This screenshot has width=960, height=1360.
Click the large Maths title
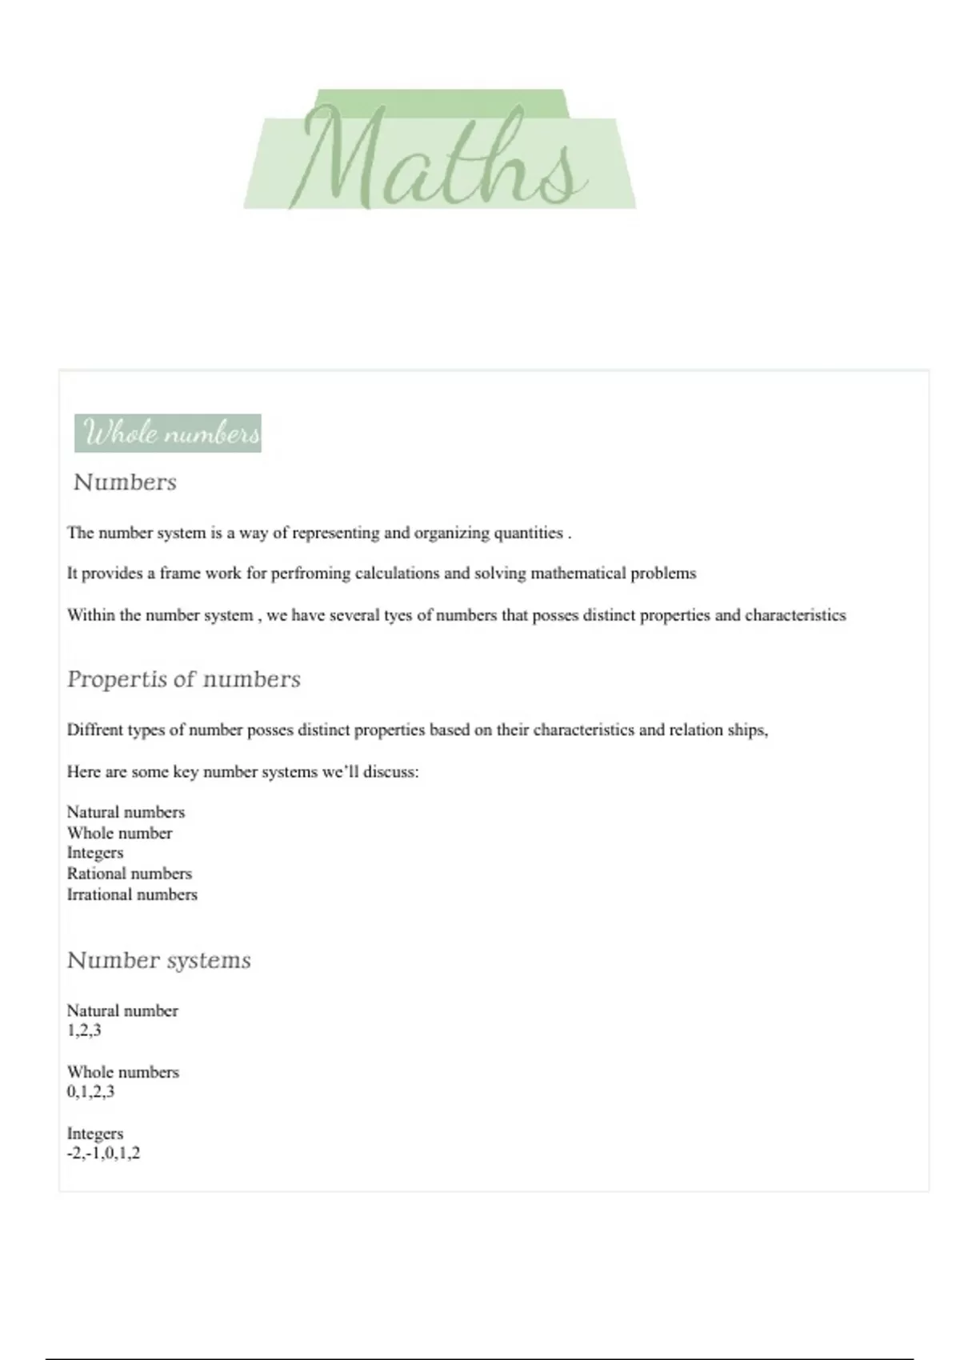click(440, 156)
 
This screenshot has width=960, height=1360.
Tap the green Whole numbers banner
click(168, 434)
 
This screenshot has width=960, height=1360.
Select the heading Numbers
click(125, 482)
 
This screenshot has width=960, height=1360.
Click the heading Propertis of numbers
click(183, 679)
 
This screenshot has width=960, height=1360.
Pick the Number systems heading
click(158, 960)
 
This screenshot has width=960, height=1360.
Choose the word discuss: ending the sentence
click(390, 772)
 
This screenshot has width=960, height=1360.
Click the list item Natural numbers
click(126, 812)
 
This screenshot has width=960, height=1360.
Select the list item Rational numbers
click(129, 874)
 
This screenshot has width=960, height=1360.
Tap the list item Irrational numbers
click(132, 894)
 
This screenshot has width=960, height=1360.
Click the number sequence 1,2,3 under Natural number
click(84, 1030)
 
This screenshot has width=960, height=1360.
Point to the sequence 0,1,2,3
click(90, 1092)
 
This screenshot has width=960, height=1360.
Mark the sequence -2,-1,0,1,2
click(103, 1154)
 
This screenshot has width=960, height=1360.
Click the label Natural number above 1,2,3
click(122, 1010)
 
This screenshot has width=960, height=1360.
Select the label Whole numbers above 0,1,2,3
click(122, 1072)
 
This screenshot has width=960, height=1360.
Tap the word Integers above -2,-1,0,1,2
click(95, 1134)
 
